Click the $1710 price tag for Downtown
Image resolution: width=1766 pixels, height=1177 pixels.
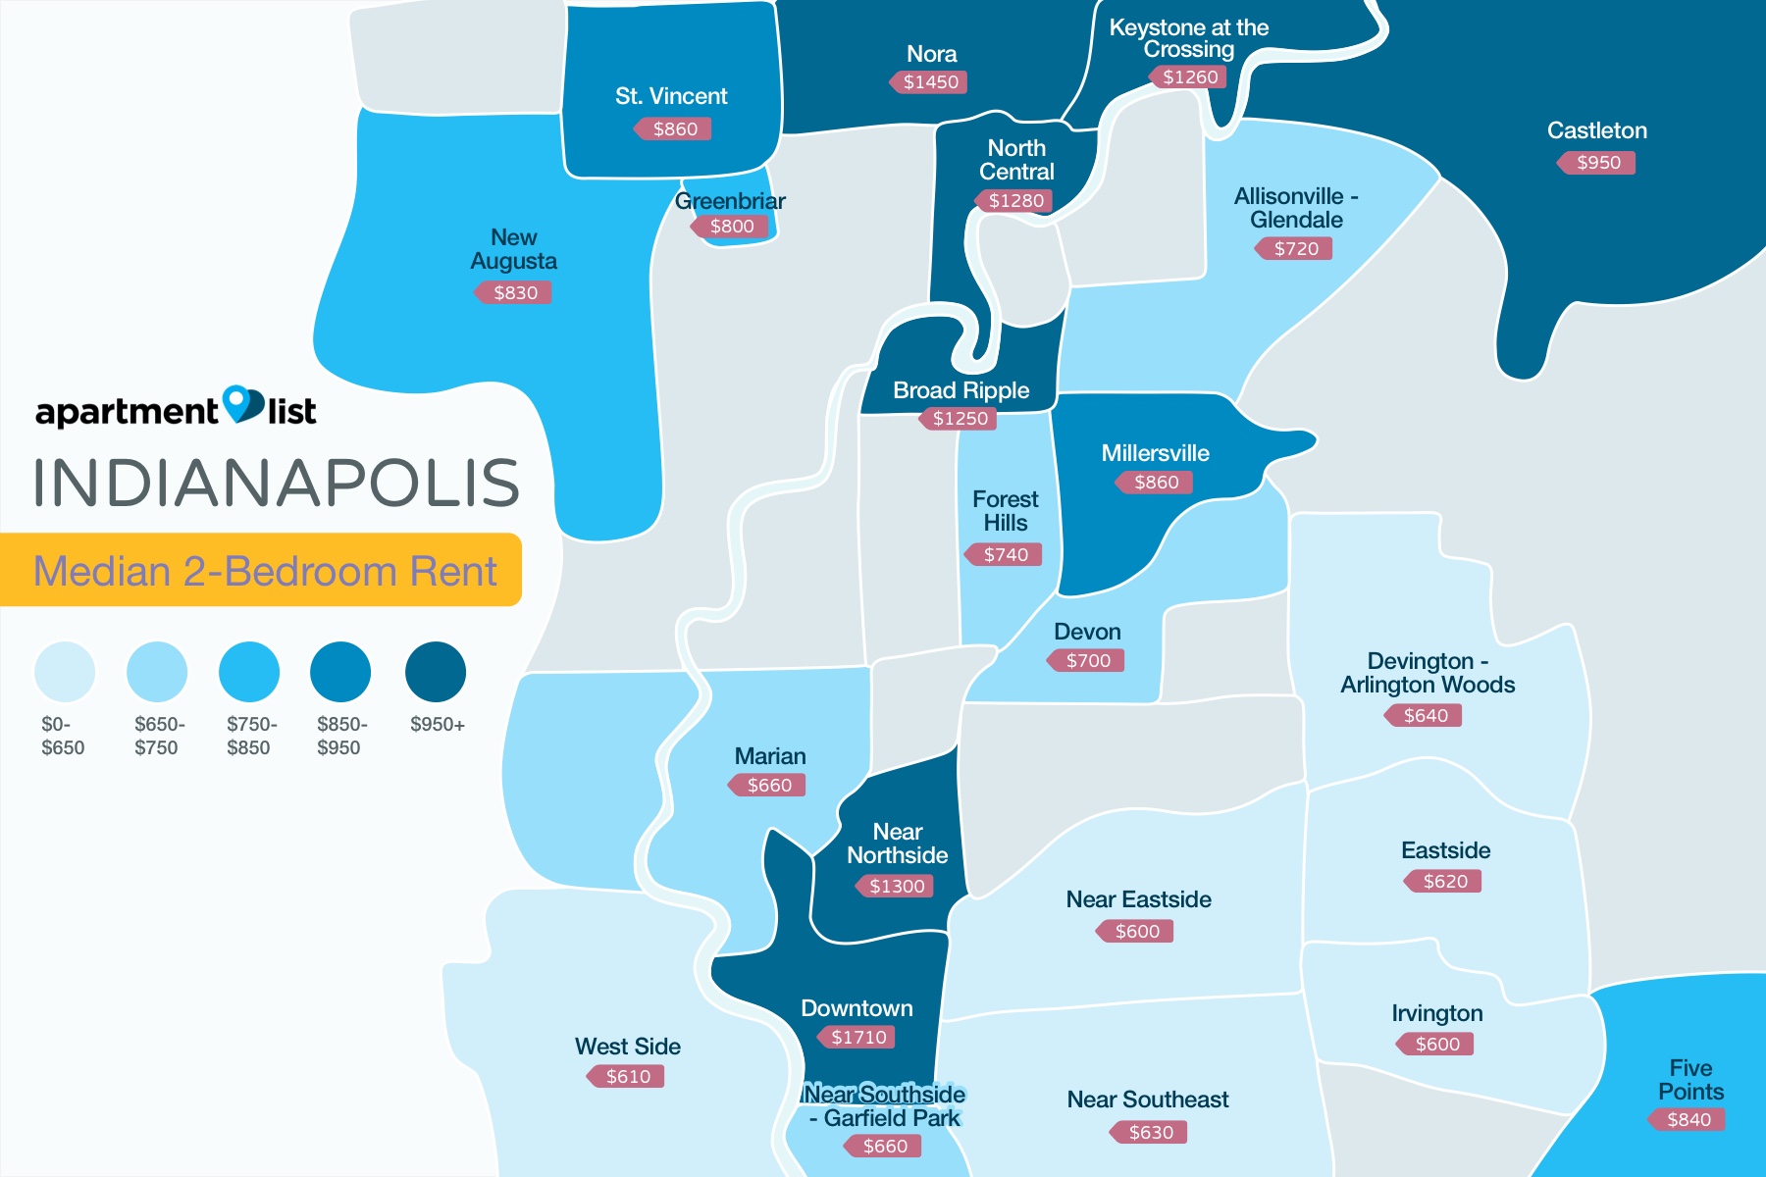[858, 1037]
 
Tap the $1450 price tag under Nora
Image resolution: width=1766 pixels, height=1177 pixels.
[930, 82]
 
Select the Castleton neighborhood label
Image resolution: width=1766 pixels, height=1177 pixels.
[1596, 130]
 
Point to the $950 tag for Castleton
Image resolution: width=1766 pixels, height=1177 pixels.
[1598, 163]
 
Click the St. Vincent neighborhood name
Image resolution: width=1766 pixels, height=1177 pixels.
[671, 96]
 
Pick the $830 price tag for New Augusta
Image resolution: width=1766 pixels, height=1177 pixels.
[515, 292]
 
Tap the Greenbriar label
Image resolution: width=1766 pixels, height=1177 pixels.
[730, 201]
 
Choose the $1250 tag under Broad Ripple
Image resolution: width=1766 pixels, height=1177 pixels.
[960, 419]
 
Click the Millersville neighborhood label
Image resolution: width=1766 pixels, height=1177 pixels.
[1155, 453]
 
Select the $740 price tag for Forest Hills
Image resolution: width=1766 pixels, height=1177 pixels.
[1006, 555]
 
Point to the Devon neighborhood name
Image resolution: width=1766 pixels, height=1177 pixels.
[1087, 632]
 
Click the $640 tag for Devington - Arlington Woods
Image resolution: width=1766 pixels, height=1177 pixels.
[1426, 716]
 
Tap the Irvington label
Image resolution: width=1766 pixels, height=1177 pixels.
[1437, 1013]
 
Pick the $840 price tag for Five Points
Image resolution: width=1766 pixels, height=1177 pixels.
[1688, 1120]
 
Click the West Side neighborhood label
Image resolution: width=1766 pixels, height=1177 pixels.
[628, 1047]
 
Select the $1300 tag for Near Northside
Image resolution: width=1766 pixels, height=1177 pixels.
[897, 887]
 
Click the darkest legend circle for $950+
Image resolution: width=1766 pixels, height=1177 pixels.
[436, 672]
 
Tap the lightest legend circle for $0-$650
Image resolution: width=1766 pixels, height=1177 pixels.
[65, 672]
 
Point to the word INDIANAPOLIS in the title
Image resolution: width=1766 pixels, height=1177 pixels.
[277, 483]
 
